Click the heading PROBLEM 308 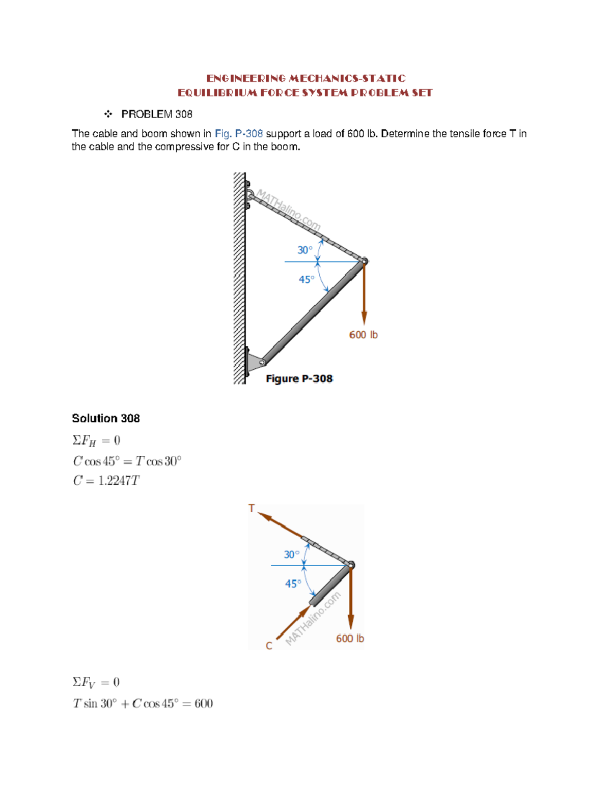tap(156, 114)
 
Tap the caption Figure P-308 tap(299, 379)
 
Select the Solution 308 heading tap(106, 419)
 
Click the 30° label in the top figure tap(304, 250)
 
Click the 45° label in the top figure tap(306, 280)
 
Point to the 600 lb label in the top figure tap(363, 335)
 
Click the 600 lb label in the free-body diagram tap(350, 639)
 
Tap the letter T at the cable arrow tap(252, 508)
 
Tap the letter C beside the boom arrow tap(269, 646)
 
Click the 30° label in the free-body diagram tap(291, 554)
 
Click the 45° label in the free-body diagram tap(293, 584)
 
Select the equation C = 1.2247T tap(106, 481)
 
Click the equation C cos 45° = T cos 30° tap(127, 461)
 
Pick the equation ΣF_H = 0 tap(96, 441)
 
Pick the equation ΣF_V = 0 tap(96, 683)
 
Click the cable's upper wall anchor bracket tap(248, 195)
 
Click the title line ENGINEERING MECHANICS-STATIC tap(305, 78)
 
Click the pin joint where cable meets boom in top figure tap(365, 261)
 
